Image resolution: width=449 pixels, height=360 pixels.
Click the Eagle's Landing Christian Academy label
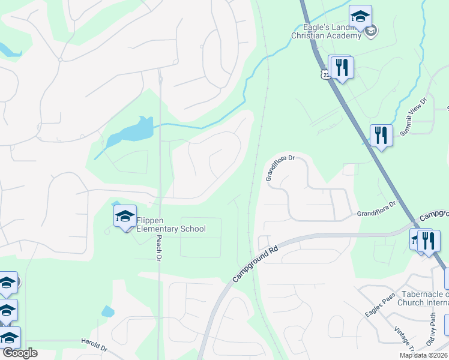click(326, 31)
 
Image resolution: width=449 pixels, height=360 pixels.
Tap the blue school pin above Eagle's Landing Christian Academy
click(360, 16)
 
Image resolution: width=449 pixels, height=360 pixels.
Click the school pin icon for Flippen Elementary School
click(125, 217)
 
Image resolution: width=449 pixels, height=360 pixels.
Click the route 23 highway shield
click(325, 73)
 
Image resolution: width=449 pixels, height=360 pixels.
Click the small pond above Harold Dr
click(108, 311)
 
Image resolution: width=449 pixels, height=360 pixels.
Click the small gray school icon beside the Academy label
click(371, 31)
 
